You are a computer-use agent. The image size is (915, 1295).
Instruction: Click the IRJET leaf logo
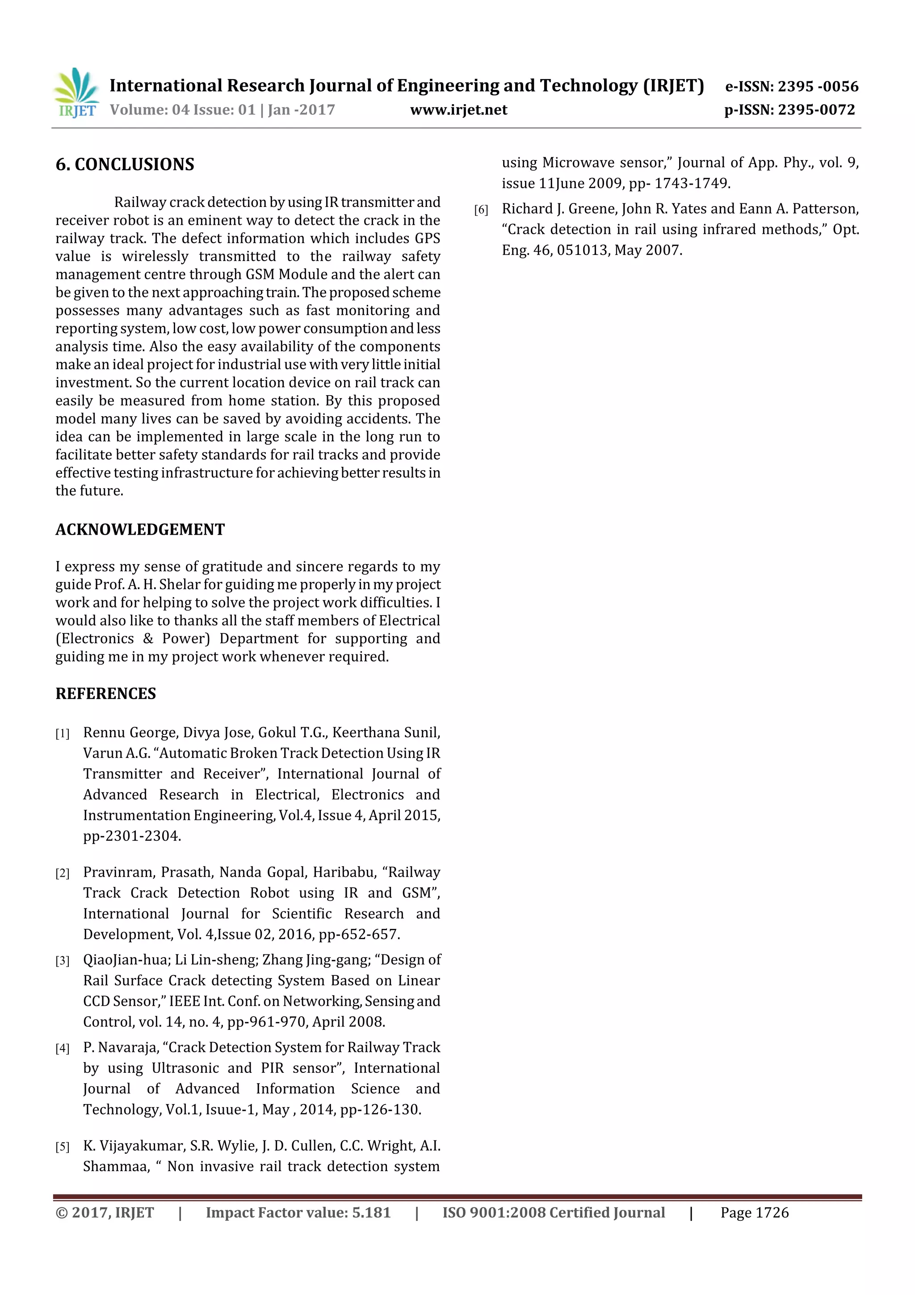[76, 93]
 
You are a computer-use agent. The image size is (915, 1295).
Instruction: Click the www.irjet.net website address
[458, 110]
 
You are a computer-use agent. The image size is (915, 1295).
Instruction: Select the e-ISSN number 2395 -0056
[818, 86]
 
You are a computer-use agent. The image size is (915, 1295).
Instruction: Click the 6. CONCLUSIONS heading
[125, 165]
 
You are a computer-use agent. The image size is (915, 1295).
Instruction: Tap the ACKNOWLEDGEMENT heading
[140, 530]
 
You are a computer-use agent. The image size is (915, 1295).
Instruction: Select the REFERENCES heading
[105, 694]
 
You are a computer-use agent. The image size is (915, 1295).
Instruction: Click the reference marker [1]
[62, 734]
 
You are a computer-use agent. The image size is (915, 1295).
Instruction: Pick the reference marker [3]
[62, 961]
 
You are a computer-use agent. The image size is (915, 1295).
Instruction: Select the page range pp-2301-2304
[132, 836]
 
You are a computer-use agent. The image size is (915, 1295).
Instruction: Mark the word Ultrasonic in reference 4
[185, 1068]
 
